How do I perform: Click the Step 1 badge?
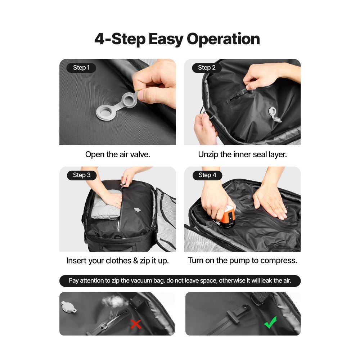[81, 68]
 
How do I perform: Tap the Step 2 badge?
[206, 68]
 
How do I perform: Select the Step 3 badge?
[81, 175]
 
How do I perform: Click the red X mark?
[136, 324]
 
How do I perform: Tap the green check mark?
[270, 322]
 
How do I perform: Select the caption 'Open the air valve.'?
[117, 154]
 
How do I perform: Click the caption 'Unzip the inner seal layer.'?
[242, 154]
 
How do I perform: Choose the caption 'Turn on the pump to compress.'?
[242, 260]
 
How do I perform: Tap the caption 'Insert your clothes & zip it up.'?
[117, 261]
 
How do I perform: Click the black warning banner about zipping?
[180, 281]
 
